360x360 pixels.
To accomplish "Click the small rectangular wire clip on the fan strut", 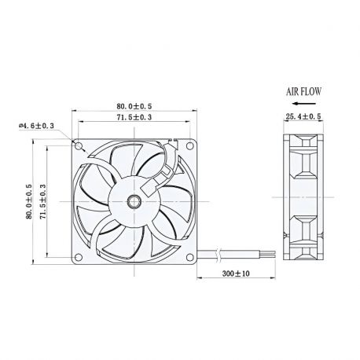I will click(x=166, y=167).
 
